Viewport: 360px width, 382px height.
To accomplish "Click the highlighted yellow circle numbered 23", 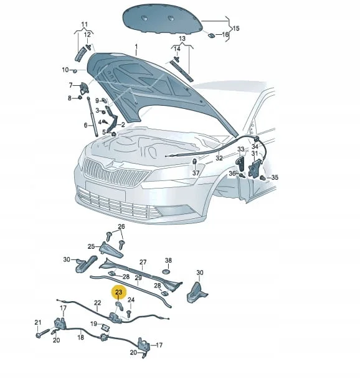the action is pos(119,292).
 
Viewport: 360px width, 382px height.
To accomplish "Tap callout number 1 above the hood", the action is pos(136,46).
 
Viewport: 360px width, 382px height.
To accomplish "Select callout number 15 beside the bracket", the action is pos(236,28).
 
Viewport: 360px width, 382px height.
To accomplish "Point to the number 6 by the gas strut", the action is pos(85,125).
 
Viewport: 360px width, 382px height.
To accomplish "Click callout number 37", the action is pos(196,173).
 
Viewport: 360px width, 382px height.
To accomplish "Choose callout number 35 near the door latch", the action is pos(275,177).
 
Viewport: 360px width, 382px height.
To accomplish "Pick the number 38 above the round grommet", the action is pos(168,261).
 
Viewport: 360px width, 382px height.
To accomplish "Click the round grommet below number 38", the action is pos(166,271).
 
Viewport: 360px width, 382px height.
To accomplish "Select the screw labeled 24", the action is pos(129,313).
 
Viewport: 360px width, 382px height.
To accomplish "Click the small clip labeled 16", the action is pos(211,35).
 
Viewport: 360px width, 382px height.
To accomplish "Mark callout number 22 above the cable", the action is pos(98,303).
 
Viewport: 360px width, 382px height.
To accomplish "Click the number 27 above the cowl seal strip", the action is pos(143,262).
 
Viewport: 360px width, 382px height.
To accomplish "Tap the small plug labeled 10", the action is pos(75,71).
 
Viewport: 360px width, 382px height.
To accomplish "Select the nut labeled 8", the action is pos(80,98).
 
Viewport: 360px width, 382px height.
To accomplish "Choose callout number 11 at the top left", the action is pos(84,25).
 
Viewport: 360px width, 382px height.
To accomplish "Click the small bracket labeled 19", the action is pos(105,327).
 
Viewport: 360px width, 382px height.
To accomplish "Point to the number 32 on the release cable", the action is pos(219,158).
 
